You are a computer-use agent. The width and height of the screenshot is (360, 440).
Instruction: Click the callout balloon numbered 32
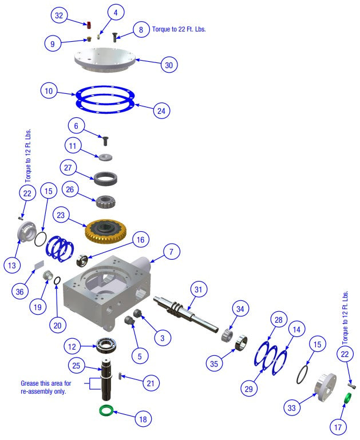pos(59,15)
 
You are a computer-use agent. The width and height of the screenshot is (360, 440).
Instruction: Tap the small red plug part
pos(90,25)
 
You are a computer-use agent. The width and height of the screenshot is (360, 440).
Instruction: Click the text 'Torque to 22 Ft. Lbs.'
pos(179,29)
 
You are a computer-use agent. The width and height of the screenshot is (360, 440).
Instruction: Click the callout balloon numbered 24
pos(162,110)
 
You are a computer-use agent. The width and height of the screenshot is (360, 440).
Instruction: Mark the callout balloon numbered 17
pos(338,426)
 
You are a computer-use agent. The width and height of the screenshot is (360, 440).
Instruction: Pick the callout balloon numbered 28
pos(278,319)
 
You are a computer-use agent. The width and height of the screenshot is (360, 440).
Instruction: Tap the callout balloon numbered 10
pos(50,91)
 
